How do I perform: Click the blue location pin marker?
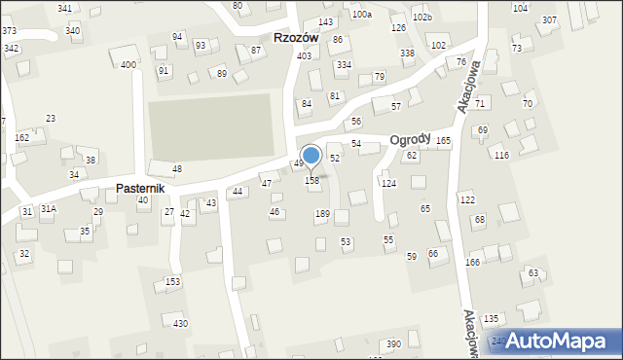pos(311,157)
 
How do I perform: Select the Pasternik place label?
pos(144,187)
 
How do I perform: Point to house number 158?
pos(312,181)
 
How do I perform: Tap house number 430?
pos(180,323)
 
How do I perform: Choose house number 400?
pos(128,65)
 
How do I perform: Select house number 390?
pos(393,344)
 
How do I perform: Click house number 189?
pos(322,214)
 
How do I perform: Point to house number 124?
pos(388,183)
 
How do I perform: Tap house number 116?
pos(501,156)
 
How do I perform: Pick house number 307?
pos(550,20)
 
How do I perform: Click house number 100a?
pos(362,15)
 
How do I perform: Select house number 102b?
pos(421,18)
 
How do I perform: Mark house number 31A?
pos(48,209)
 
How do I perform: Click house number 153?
pos(172,282)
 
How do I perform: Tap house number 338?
pos(407,53)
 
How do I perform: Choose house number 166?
pos(473,263)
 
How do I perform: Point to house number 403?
pos(304,56)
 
